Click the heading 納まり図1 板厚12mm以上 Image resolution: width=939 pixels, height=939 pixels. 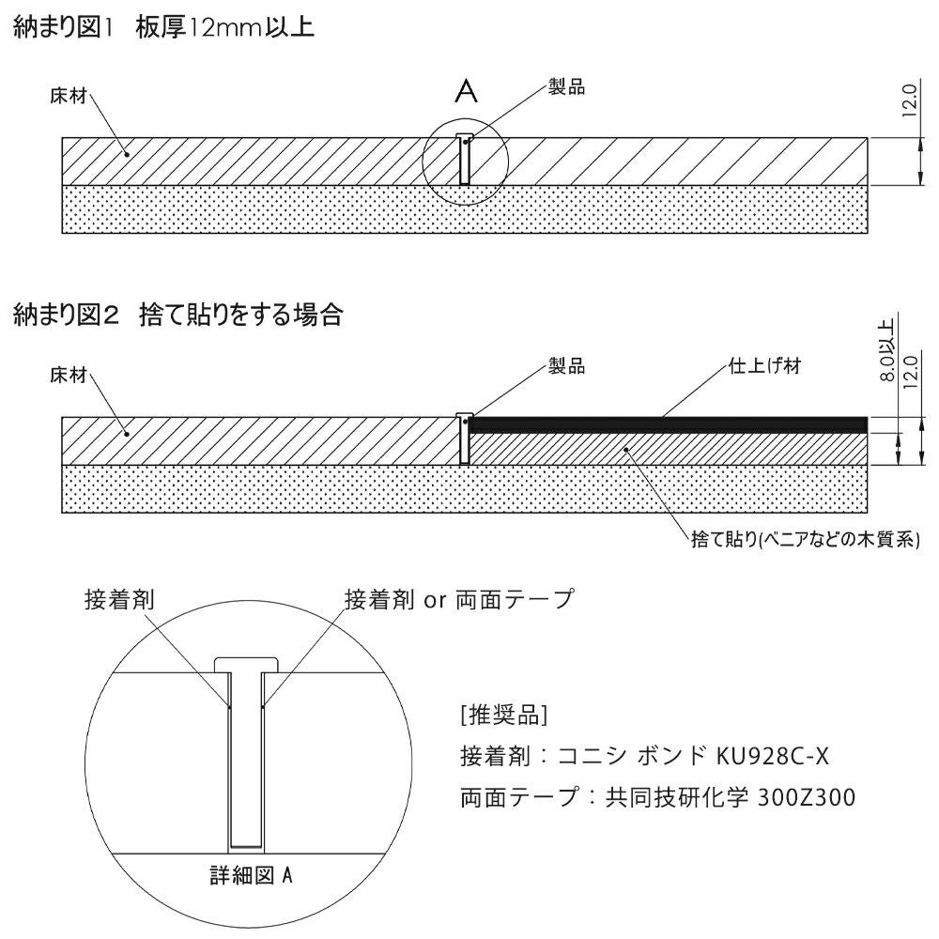(x=163, y=29)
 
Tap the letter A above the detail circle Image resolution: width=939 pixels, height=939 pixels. (x=467, y=91)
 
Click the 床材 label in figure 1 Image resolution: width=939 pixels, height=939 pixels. (x=68, y=97)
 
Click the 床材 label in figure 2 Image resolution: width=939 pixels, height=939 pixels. (x=68, y=376)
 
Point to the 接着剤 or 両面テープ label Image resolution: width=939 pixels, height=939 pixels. (x=459, y=599)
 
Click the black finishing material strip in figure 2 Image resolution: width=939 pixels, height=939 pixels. (x=667, y=424)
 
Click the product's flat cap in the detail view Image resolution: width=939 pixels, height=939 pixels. (x=246, y=665)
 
